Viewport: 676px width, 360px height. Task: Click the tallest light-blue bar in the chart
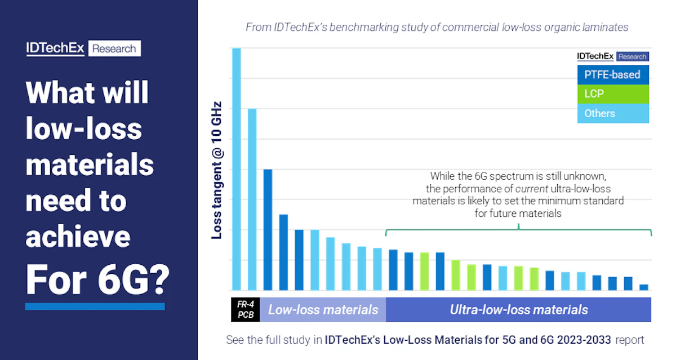point(237,169)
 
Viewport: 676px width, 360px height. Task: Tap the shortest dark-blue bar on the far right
point(644,287)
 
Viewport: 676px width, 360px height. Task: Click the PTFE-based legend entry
point(613,74)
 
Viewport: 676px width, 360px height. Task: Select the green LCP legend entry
point(613,94)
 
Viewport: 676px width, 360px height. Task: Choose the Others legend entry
point(613,113)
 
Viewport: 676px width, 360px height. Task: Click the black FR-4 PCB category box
point(245,310)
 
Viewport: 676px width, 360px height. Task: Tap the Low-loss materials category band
point(323,310)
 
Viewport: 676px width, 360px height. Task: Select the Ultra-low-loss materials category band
point(518,310)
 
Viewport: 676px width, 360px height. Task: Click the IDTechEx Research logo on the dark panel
point(83,48)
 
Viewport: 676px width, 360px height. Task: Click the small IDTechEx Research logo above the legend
point(612,56)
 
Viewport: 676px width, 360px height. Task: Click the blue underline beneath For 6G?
point(95,306)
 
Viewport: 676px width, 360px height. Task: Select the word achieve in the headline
point(78,237)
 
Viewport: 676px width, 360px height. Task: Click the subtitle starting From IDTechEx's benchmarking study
point(437,27)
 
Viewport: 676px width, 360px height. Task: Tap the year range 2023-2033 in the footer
point(586,340)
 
